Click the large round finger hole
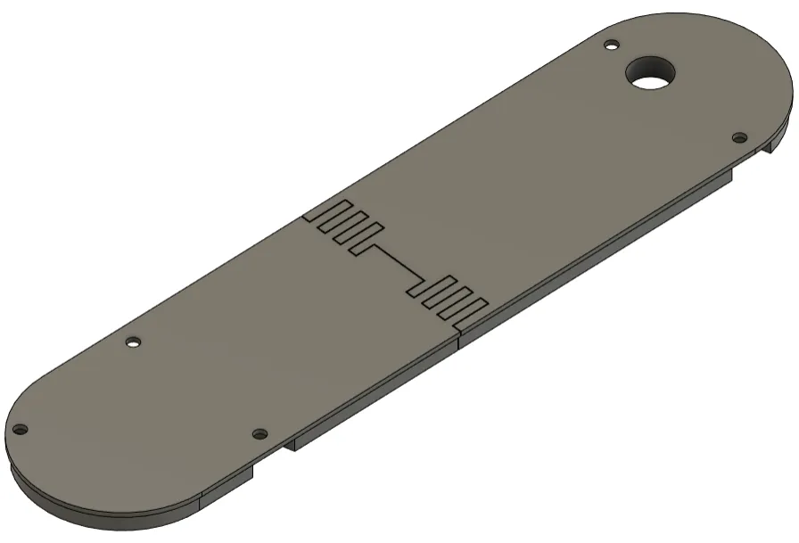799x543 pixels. point(650,71)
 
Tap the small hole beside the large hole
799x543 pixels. point(611,45)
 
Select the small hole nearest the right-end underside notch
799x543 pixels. point(738,137)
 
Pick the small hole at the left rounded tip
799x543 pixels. point(20,430)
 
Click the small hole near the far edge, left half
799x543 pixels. point(133,341)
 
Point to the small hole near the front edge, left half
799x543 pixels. point(259,433)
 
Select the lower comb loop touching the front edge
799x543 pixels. point(473,309)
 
